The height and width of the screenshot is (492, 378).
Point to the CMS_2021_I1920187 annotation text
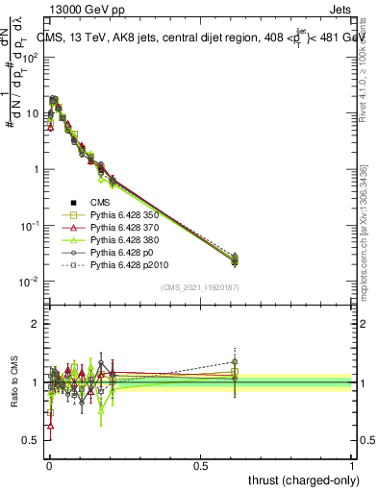(200, 287)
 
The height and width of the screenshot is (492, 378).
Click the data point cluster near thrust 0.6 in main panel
(235, 258)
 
